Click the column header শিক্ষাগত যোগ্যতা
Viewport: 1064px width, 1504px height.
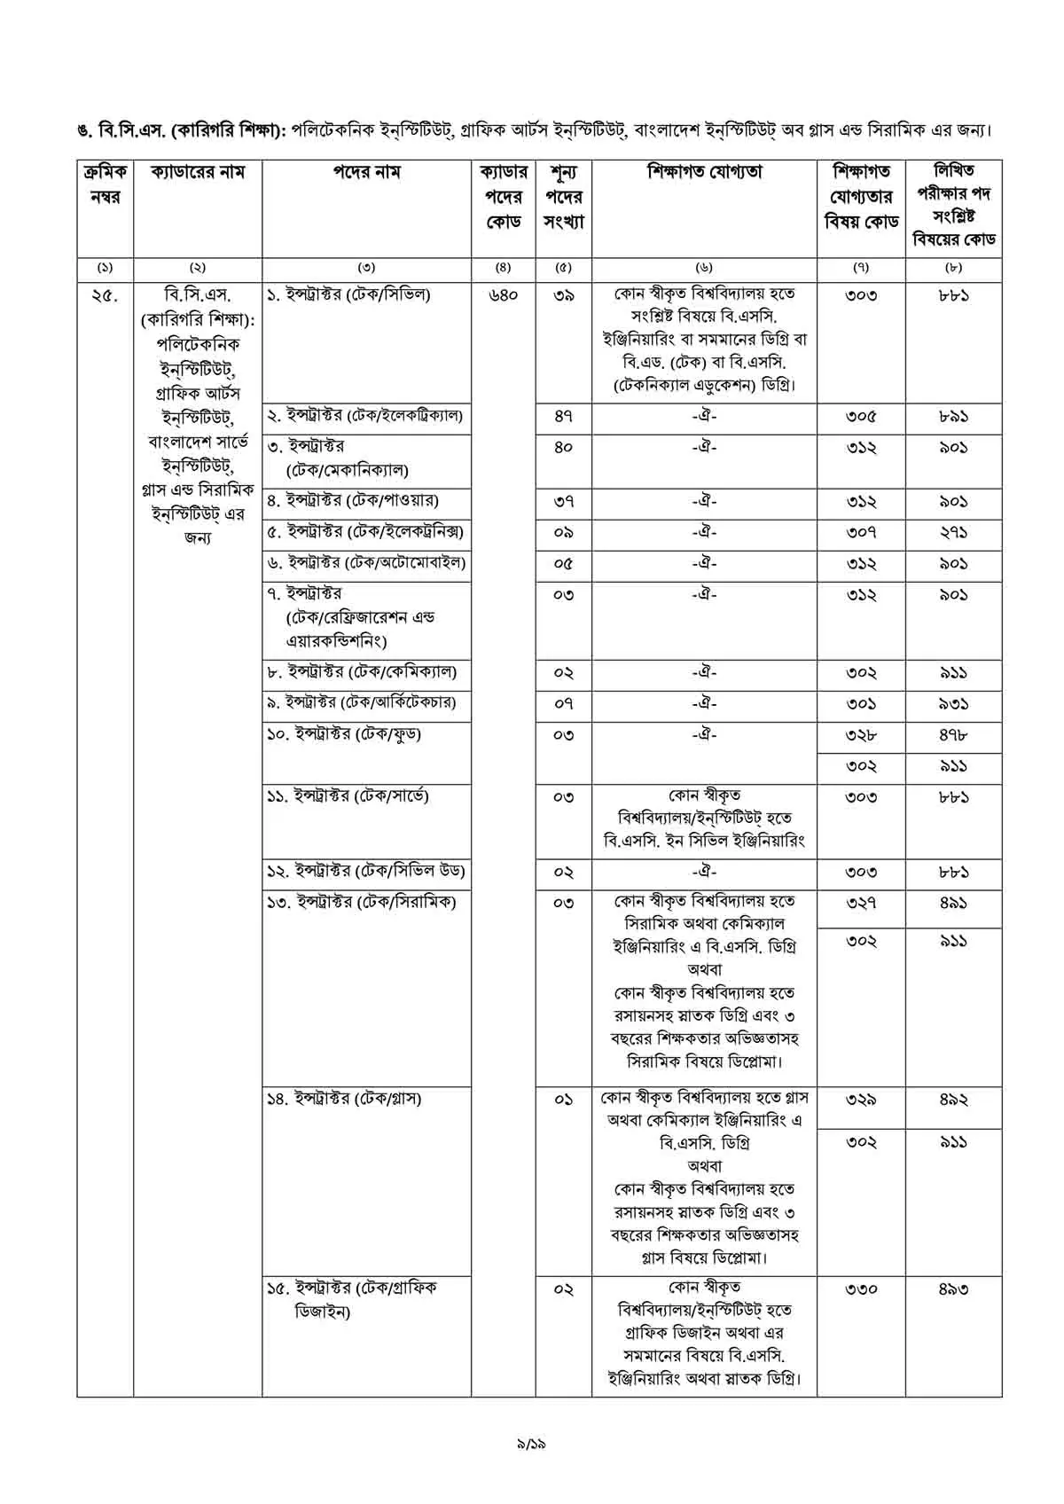coord(704,172)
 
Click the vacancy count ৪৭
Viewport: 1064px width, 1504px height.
coord(563,416)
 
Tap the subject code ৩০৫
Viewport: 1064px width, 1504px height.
coord(860,416)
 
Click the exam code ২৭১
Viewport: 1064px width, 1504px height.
coord(953,533)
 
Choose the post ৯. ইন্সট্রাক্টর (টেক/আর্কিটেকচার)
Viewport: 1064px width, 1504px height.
coord(362,703)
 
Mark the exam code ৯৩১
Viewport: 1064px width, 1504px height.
coord(953,704)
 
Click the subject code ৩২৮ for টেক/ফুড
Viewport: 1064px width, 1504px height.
coord(860,735)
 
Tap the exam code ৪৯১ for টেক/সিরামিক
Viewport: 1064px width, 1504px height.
coord(953,903)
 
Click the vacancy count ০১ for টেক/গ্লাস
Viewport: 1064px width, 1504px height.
coord(563,1100)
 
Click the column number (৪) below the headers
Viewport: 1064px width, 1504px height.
coord(503,267)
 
